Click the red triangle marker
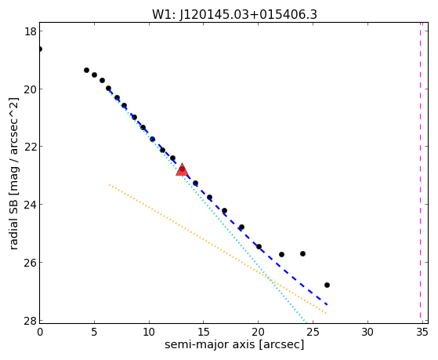click(x=182, y=169)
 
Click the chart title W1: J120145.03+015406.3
click(x=234, y=15)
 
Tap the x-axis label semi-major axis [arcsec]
click(x=234, y=344)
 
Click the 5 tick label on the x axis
click(x=94, y=333)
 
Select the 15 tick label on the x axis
click(x=204, y=333)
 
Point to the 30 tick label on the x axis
click(x=367, y=333)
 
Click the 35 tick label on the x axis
click(x=422, y=333)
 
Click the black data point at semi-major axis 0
click(x=40, y=49)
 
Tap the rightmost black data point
click(x=327, y=285)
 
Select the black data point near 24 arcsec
click(x=302, y=253)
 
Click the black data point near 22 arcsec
click(x=281, y=254)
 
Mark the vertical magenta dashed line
click(x=420, y=173)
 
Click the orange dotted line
click(x=218, y=249)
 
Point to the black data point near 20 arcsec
click(x=259, y=247)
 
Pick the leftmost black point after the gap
click(x=87, y=70)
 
